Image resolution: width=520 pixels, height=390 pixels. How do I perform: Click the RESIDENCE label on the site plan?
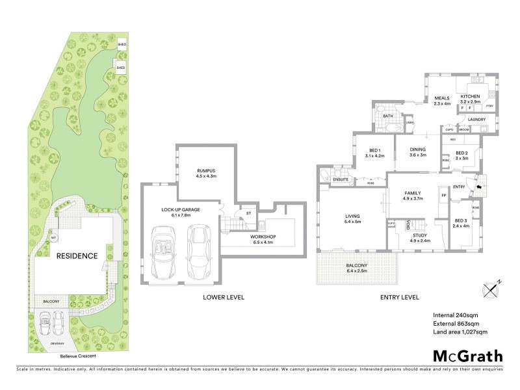coord(77,256)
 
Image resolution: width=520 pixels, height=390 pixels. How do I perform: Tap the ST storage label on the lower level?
coord(248,213)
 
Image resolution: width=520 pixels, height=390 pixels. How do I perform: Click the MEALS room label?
coord(442,98)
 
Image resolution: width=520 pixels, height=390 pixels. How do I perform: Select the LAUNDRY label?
coord(476,119)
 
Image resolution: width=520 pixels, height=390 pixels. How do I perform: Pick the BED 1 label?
coord(375,148)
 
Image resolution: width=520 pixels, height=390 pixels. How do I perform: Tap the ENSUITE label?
coord(341,179)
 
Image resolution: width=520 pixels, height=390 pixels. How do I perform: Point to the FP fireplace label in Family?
coord(444,194)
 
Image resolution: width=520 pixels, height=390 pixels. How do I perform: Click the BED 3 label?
coord(461,220)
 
